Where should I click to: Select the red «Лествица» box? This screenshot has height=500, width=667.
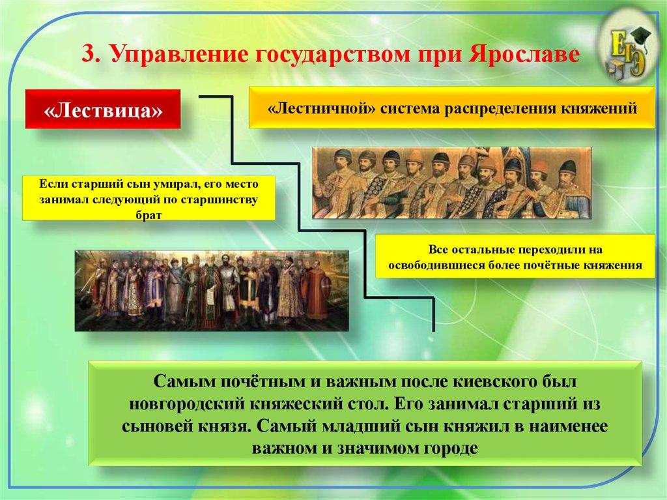(103, 111)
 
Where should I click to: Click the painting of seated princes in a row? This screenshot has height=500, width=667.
(451, 183)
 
